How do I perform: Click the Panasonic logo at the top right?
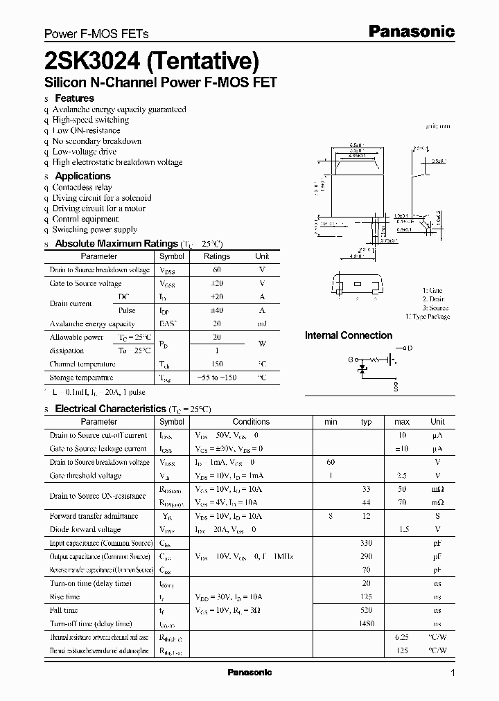410,31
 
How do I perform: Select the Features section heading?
74,98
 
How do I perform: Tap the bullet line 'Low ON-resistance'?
86,130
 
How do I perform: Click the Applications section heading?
82,176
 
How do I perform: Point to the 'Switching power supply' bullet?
94,229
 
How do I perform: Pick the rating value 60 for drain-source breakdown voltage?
216,269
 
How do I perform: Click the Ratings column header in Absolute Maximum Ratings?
216,256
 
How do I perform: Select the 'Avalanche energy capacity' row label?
92,323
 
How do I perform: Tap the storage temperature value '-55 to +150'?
216,378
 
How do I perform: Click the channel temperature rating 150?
216,364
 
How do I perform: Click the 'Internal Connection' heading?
349,335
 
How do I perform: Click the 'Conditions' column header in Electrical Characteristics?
251,421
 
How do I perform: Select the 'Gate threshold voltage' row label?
85,475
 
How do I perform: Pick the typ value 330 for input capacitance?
366,543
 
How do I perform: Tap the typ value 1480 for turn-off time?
366,623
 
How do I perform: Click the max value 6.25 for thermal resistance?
401,637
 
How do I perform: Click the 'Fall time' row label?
64,610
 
